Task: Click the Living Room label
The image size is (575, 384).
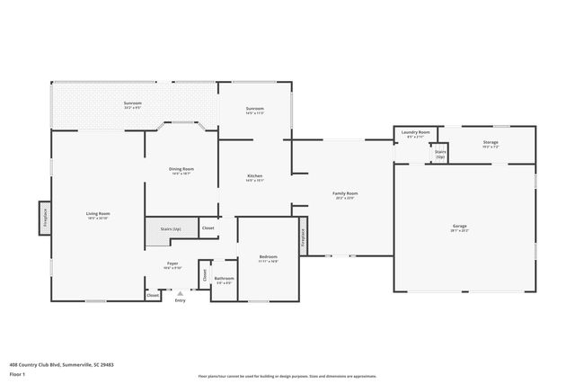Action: coord(97,214)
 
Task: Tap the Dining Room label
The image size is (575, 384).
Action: coord(181,169)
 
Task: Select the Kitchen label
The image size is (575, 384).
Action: coord(254,177)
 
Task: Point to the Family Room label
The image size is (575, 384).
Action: coord(345,193)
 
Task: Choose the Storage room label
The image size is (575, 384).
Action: coord(490,142)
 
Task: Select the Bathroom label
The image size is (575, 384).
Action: coord(224,279)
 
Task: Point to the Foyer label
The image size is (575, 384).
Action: coord(172,263)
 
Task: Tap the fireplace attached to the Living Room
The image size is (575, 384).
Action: coord(42,216)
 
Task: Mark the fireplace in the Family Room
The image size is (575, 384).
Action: coord(303,235)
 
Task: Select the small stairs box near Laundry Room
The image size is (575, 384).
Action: coord(439,154)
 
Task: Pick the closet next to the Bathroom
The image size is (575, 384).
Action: coord(204,275)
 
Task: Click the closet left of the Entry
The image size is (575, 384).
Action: coord(153,295)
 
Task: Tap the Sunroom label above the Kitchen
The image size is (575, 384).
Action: coord(254,111)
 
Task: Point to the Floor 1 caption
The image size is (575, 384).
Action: coord(17,373)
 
